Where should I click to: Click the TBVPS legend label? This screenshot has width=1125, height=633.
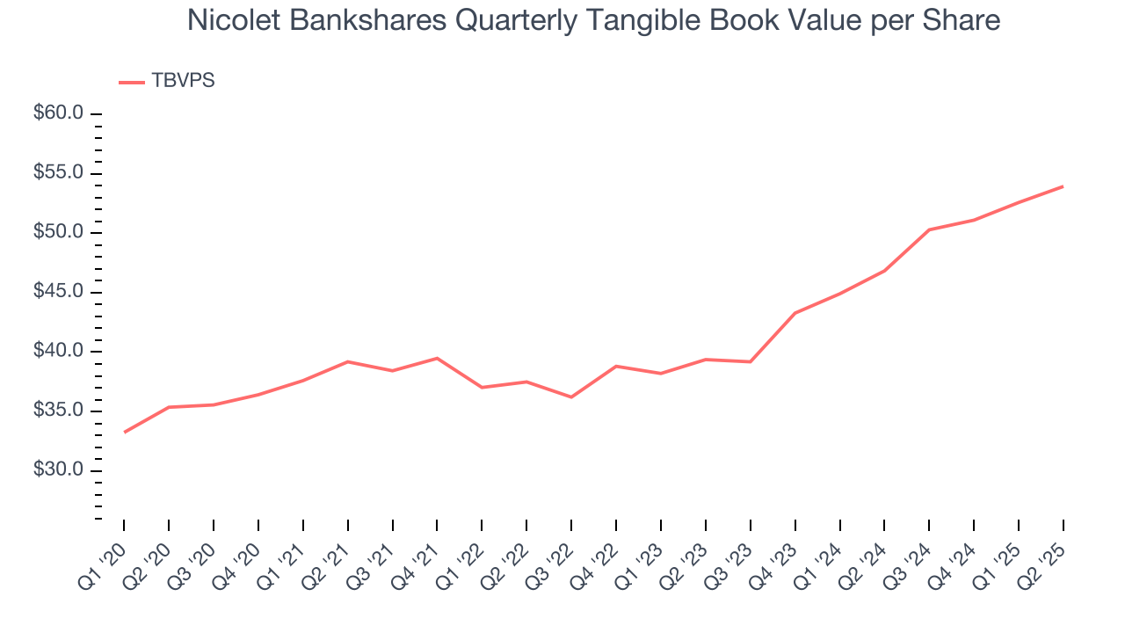(x=183, y=81)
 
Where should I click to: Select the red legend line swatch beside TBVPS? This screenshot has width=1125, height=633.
(x=132, y=83)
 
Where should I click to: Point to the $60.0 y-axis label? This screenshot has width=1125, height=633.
(x=58, y=113)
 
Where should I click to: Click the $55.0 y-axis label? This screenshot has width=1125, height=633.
(x=58, y=173)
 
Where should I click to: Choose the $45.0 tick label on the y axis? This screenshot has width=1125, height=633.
(x=58, y=292)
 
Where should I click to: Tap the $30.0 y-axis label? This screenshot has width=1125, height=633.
(x=58, y=470)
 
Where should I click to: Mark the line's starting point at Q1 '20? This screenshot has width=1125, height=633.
(x=124, y=433)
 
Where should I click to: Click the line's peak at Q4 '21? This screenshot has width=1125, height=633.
(x=437, y=358)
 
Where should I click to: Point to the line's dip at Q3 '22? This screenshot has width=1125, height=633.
(x=571, y=397)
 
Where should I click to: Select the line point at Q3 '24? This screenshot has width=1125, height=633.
(x=929, y=229)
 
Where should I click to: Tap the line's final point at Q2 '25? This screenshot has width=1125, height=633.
(x=1063, y=186)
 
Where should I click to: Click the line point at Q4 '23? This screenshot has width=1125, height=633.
(x=795, y=313)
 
